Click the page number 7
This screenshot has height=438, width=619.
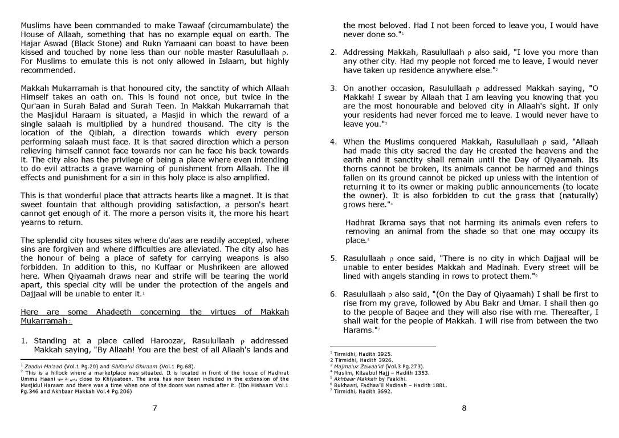click(x=154, y=407)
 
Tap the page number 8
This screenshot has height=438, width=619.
click(x=464, y=407)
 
